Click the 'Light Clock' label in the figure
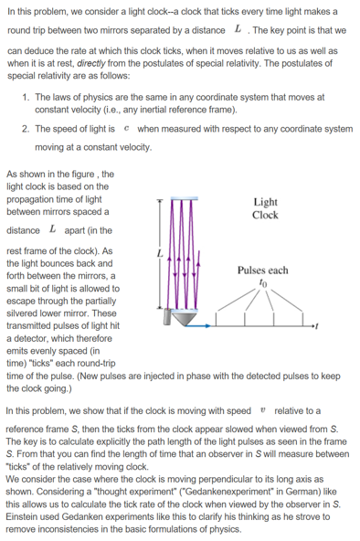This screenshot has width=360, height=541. tap(265, 209)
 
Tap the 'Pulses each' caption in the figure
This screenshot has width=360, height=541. tap(262, 270)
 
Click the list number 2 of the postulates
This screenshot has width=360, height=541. tap(25, 129)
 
